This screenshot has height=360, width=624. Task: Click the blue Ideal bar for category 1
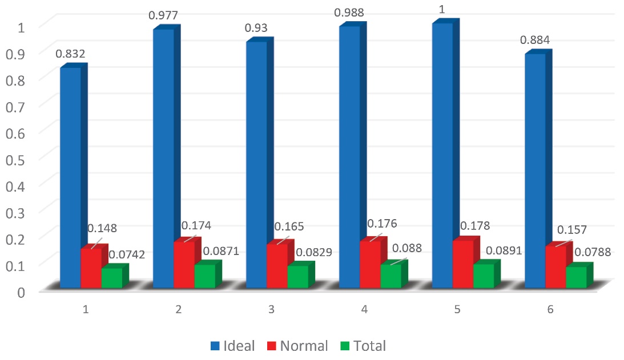tap(70, 177)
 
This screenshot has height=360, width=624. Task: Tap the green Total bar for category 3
tap(297, 277)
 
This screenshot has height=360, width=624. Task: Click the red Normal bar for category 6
tap(555, 266)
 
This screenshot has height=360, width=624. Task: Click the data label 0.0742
tap(127, 255)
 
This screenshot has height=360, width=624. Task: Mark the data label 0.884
tap(534, 41)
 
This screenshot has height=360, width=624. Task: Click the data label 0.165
tap(289, 226)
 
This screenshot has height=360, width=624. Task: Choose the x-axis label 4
tap(365, 310)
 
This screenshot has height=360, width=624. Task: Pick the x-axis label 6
tap(550, 310)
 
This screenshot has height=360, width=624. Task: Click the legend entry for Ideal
tap(232, 346)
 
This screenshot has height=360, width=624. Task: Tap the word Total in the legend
tap(369, 346)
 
